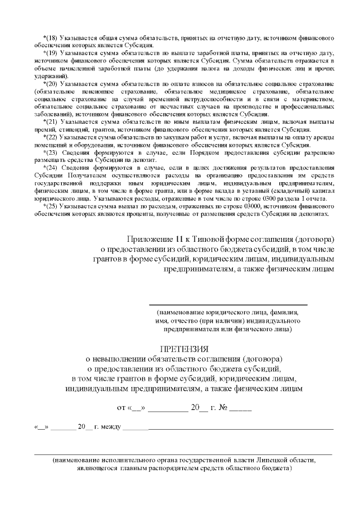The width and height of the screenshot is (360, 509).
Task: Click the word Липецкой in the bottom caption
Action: tap(273, 460)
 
